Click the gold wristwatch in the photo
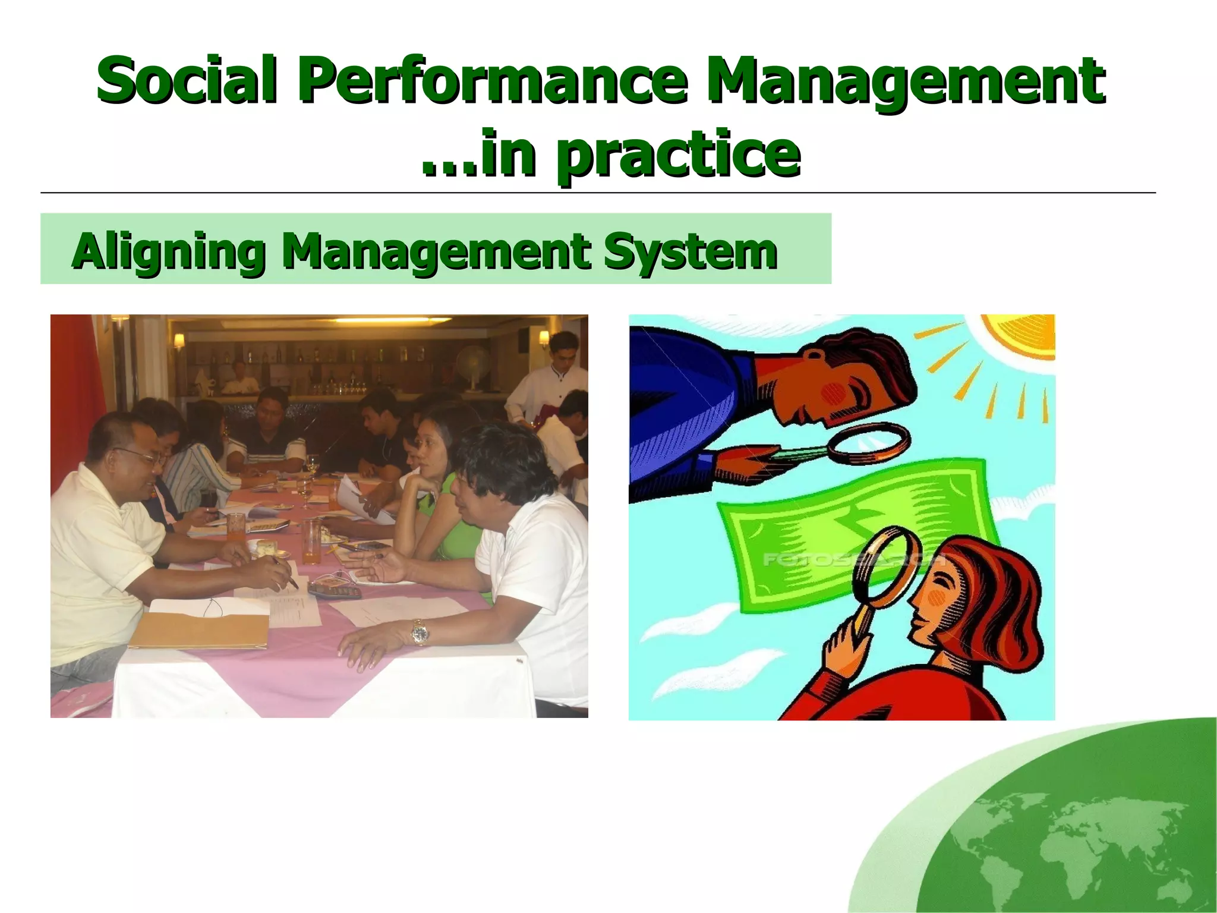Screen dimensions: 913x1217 point(420,632)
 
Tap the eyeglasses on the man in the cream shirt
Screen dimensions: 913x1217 point(146,456)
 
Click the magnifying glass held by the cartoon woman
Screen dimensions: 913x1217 point(882,571)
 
